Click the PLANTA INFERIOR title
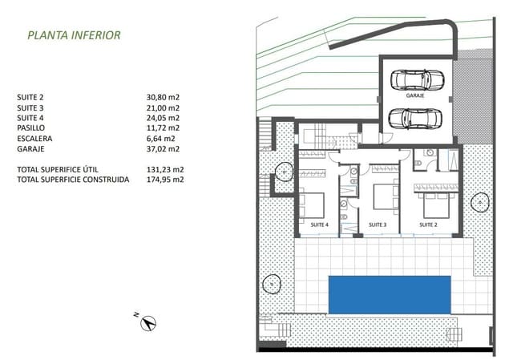74,35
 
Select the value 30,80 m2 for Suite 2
164,97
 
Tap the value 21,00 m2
164,107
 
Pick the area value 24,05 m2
164,118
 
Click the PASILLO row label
31,128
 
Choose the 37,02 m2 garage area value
164,149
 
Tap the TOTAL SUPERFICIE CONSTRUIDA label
73,180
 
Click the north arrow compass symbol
147,322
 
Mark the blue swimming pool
389,294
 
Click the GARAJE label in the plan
414,95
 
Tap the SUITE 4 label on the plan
320,225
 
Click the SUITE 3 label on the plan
378,225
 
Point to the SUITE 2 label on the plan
430,225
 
